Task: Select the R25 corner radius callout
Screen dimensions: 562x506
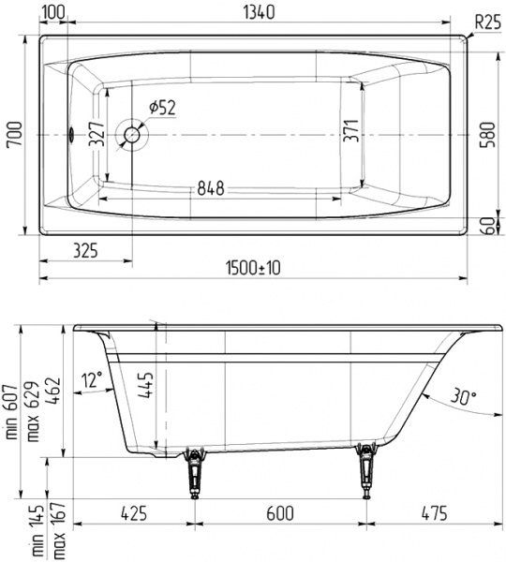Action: tap(484, 21)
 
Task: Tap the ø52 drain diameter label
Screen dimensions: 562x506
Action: tap(160, 108)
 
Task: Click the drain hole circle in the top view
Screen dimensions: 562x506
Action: tap(131, 136)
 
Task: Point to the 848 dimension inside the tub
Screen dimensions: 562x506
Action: tap(209, 188)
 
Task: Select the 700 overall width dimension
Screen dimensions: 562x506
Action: tap(12, 137)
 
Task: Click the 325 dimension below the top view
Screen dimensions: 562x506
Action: tap(85, 250)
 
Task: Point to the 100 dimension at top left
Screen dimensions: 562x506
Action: tap(53, 12)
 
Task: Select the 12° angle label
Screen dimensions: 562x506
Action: tap(90, 378)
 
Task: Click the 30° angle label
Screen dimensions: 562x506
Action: tap(463, 395)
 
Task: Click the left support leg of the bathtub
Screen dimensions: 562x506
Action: tap(194, 473)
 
